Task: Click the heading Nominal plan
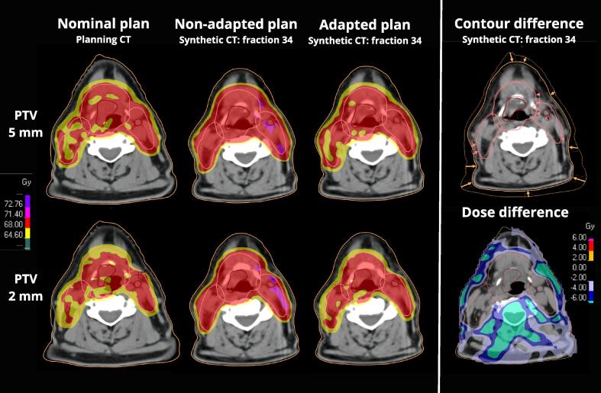click(x=103, y=24)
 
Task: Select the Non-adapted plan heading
click(x=236, y=24)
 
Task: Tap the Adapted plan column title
click(x=364, y=25)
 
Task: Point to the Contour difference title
click(x=519, y=24)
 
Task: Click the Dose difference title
click(x=515, y=212)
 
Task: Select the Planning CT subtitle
click(x=103, y=40)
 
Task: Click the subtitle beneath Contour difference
click(x=519, y=40)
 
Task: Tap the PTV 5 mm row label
click(x=26, y=124)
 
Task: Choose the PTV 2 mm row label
click(x=26, y=287)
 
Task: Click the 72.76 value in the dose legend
click(x=14, y=204)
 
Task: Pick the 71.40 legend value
click(x=14, y=214)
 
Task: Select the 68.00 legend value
click(x=14, y=224)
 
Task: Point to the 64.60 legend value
click(x=14, y=234)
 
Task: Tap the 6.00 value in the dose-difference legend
click(x=579, y=237)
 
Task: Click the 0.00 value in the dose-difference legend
click(x=579, y=267)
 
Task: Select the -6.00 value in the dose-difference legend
click(x=578, y=298)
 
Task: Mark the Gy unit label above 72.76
click(x=26, y=182)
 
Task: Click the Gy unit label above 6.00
click(x=590, y=227)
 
